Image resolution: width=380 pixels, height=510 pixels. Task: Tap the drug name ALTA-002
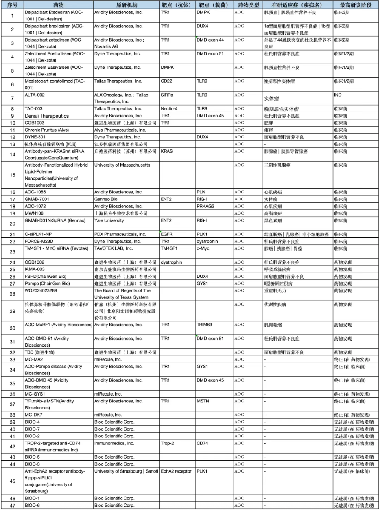[x=34, y=95]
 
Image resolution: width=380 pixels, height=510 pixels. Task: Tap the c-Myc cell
[x=203, y=248]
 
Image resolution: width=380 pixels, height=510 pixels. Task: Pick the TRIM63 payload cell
[x=205, y=325]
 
